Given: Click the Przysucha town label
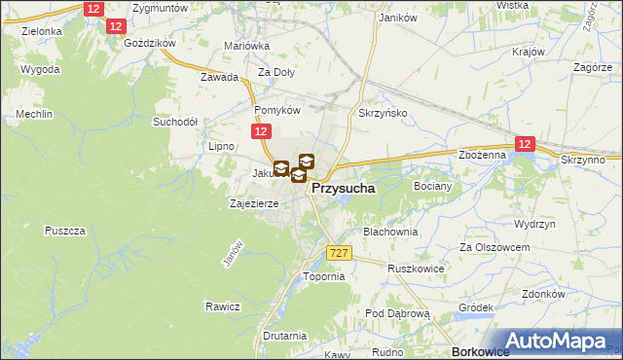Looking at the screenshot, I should coord(345,191).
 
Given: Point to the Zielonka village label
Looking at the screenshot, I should coord(41,31).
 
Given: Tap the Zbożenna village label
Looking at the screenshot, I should coord(482,155).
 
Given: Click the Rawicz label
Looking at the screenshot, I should coord(222,306).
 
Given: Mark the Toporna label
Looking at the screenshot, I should coord(325,276).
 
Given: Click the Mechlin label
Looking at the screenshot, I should coord(33,114).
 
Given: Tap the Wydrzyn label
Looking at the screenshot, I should coord(534,223).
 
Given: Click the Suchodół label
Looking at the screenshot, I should coord(175,123).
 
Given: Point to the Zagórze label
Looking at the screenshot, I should coord(592,67).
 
